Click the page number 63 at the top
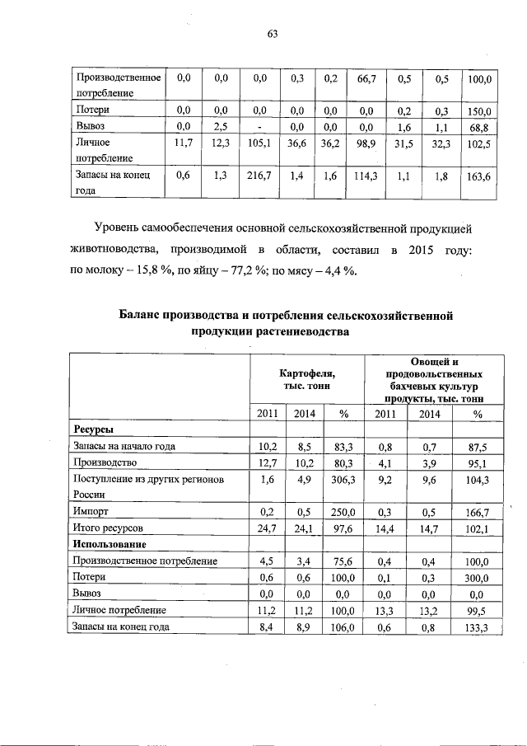273,33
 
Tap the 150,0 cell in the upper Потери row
478,110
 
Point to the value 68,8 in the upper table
478,127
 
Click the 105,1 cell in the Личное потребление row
261,143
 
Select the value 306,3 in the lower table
340,478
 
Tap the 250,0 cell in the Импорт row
340,511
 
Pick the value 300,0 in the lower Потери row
476,578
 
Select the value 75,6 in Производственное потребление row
340,561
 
